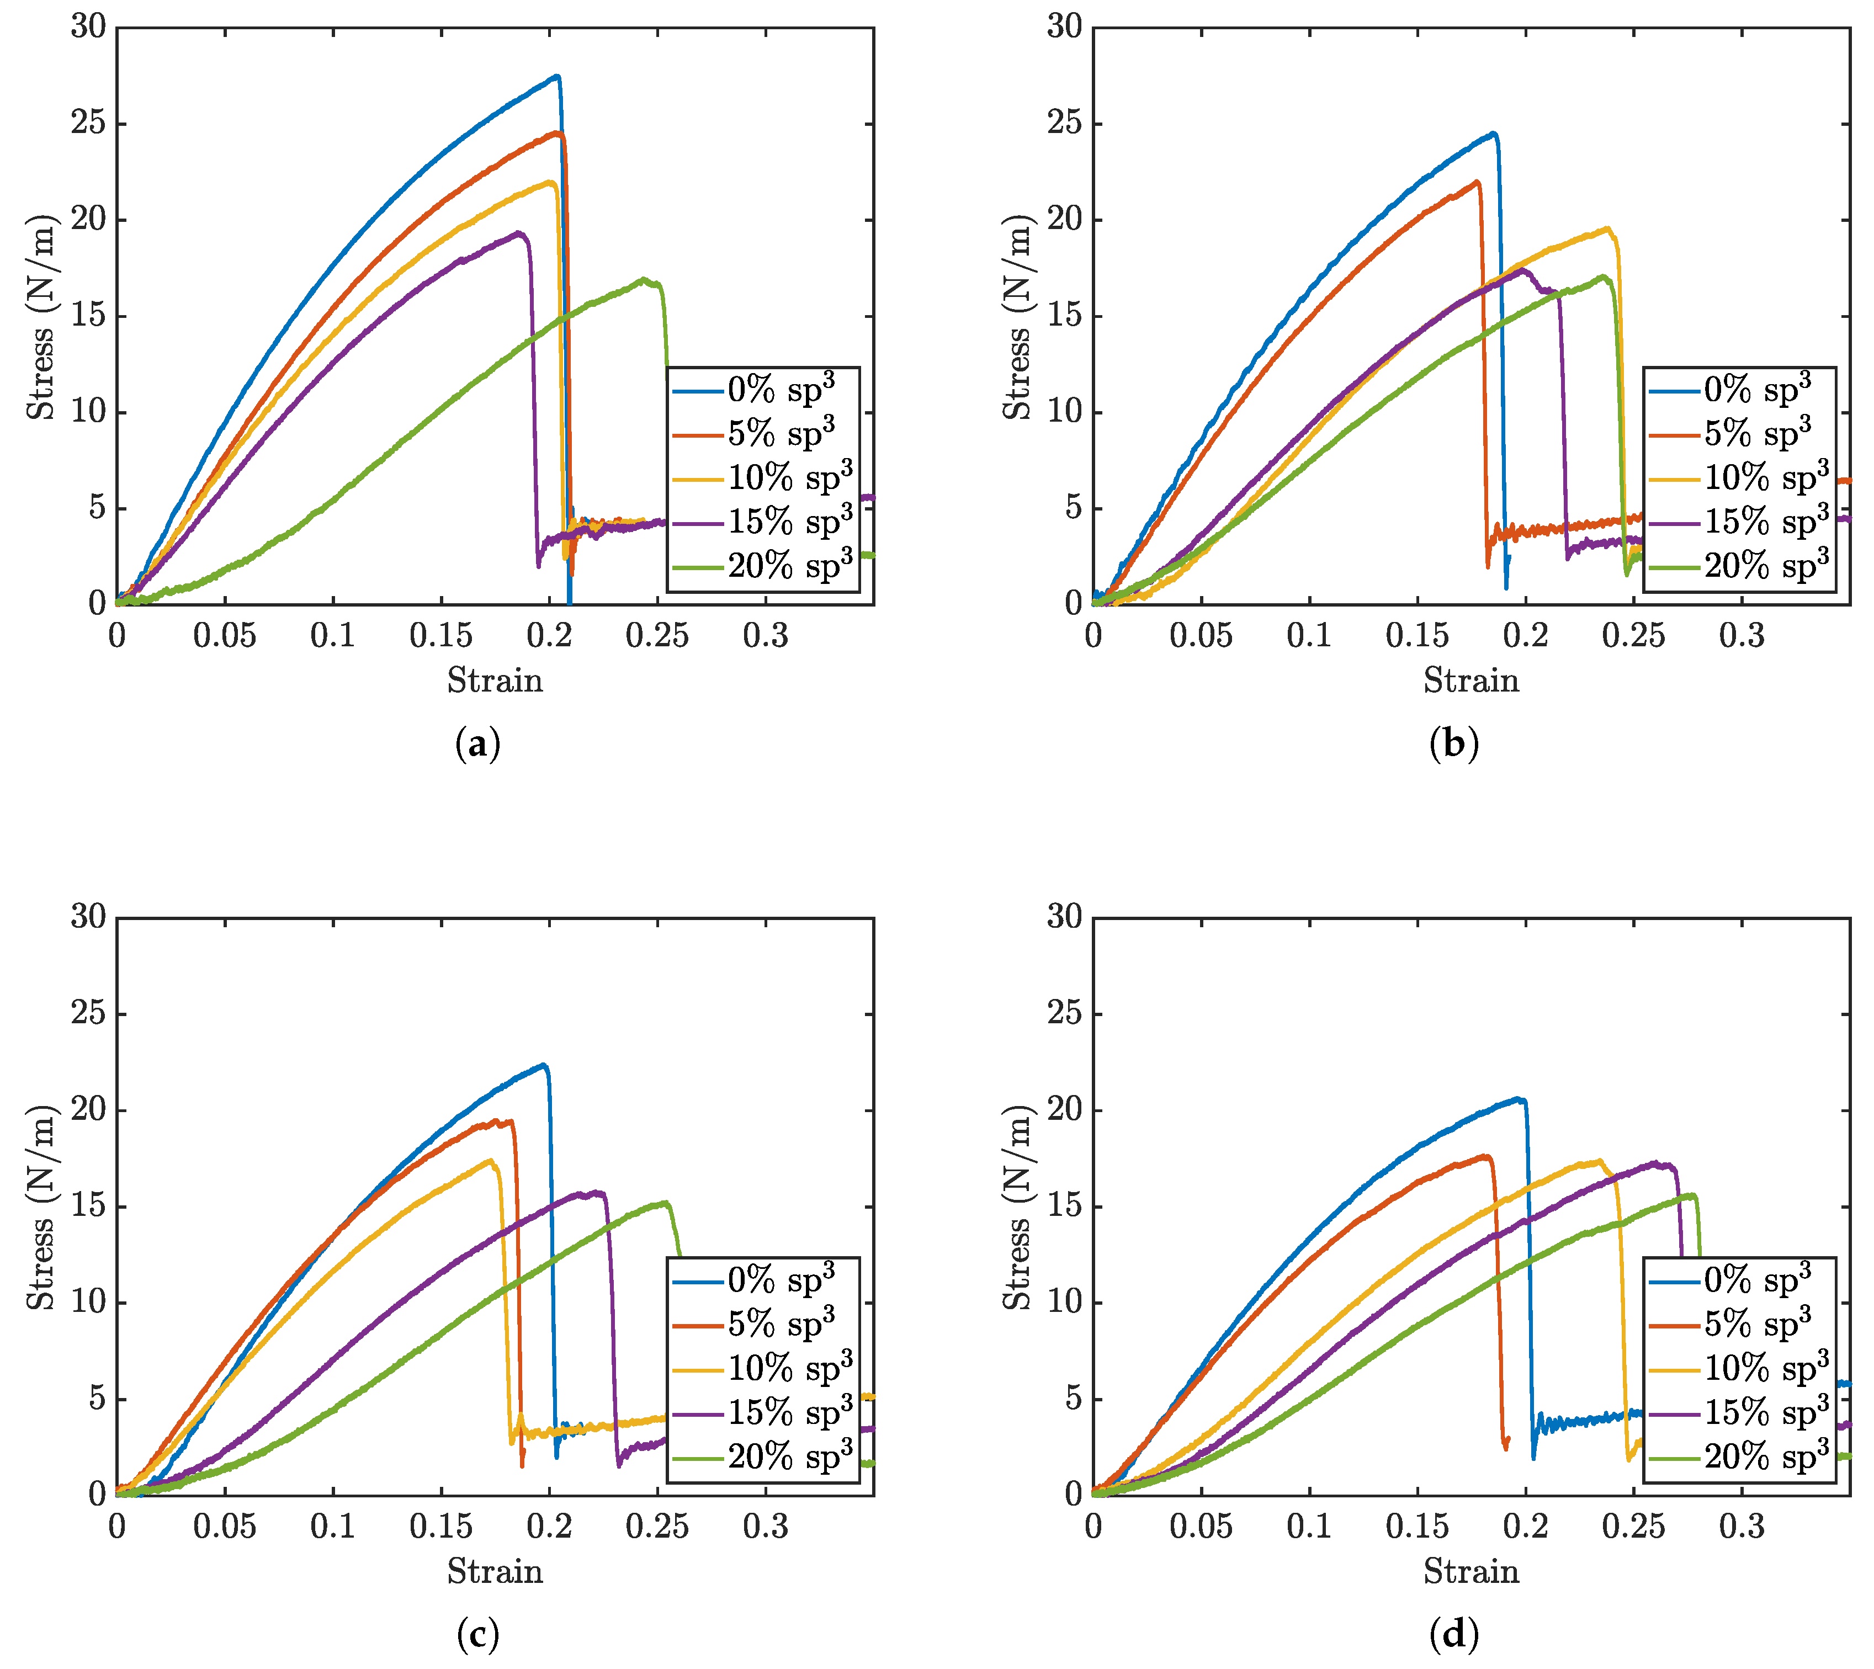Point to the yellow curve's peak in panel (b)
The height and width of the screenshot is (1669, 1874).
[1607, 228]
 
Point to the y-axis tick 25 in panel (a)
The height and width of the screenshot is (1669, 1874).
[88, 123]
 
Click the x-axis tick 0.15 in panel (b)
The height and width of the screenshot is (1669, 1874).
[1417, 635]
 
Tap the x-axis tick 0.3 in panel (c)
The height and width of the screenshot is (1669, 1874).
[766, 1526]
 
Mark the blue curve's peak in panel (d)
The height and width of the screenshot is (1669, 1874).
[1518, 1099]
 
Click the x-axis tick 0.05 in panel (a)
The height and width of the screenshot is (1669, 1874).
[225, 635]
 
